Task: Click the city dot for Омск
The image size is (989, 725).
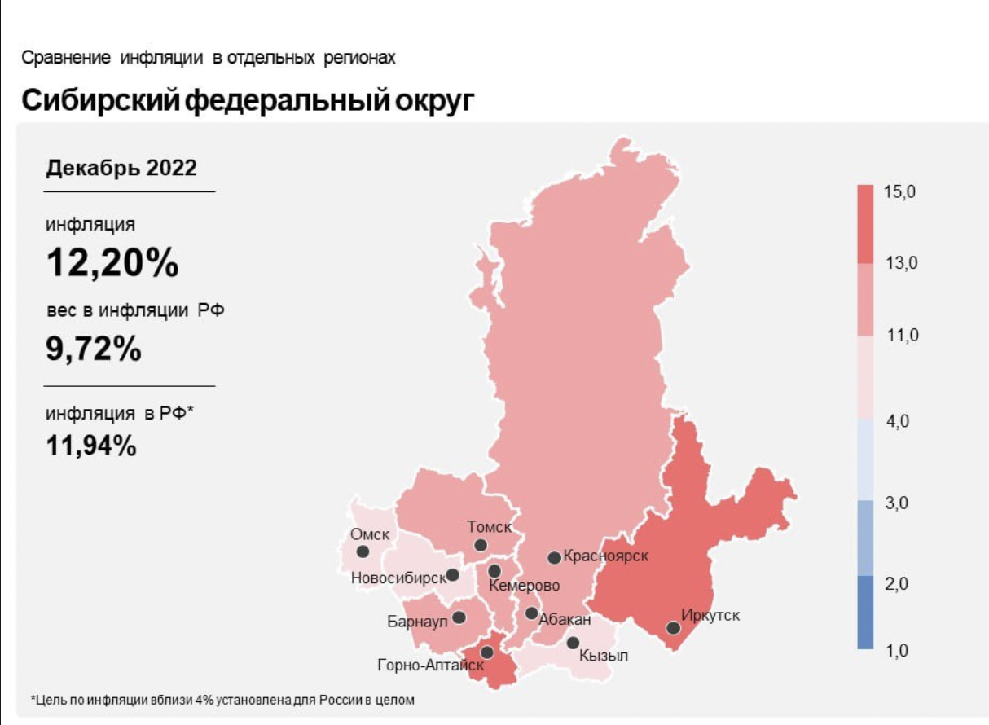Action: pos(363,551)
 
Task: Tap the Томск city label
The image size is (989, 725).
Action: pos(489,527)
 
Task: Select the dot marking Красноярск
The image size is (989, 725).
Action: pos(554,558)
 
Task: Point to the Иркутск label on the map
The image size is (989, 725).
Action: pos(710,615)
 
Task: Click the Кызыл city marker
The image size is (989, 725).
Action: pos(573,643)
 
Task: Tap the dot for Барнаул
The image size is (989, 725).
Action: pos(459,617)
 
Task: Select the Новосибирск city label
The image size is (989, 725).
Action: pos(398,578)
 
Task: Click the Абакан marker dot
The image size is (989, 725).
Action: pos(531,613)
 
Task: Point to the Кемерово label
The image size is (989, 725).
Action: pos(525,586)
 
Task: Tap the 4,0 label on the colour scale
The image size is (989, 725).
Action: pos(898,422)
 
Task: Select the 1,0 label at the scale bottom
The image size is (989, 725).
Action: pos(898,651)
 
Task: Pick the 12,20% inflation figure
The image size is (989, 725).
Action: pos(112,262)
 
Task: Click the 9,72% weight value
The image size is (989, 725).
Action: pos(94,349)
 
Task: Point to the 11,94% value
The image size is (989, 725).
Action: pos(90,445)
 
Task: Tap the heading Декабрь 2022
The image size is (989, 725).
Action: pos(121,168)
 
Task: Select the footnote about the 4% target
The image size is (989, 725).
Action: pos(222,700)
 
